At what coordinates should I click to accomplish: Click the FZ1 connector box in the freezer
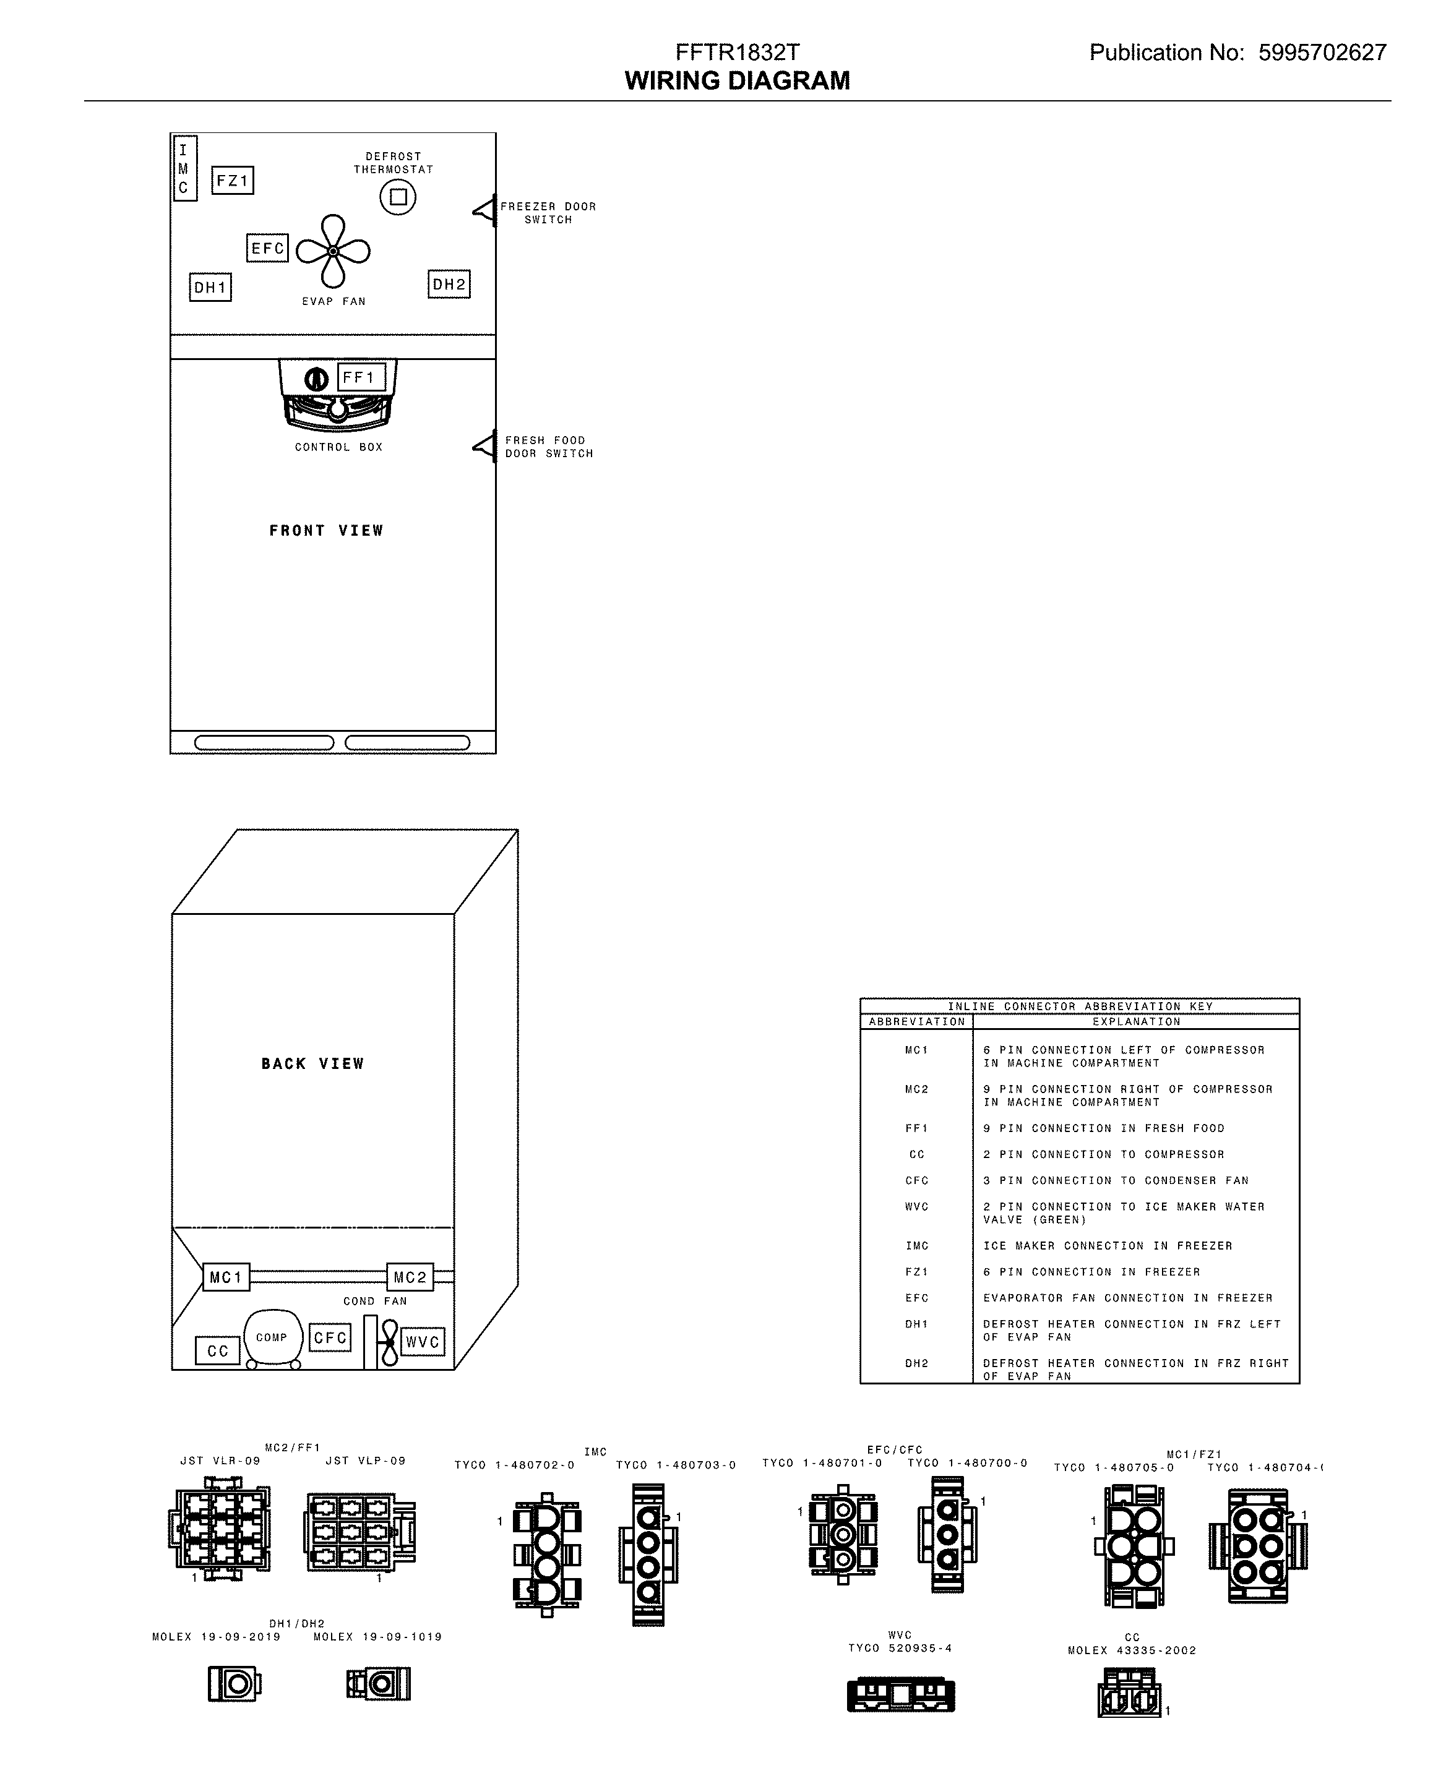click(233, 181)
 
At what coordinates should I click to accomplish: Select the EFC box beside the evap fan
click(267, 248)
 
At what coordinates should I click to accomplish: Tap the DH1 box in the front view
click(210, 287)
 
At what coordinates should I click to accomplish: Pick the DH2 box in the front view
click(449, 285)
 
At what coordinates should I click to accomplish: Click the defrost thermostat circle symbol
click(398, 197)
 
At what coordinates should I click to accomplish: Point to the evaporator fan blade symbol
click(333, 251)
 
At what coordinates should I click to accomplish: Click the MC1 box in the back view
click(226, 1277)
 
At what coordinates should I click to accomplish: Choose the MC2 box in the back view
click(410, 1277)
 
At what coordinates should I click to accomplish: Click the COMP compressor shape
click(272, 1339)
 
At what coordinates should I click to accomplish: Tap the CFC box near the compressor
click(330, 1338)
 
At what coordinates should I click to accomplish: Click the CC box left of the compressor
click(217, 1350)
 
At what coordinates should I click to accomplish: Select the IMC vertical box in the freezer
click(184, 168)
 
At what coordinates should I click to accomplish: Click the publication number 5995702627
click(1322, 53)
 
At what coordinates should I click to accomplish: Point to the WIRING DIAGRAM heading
click(737, 81)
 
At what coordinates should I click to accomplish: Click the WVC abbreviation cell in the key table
click(916, 1206)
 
